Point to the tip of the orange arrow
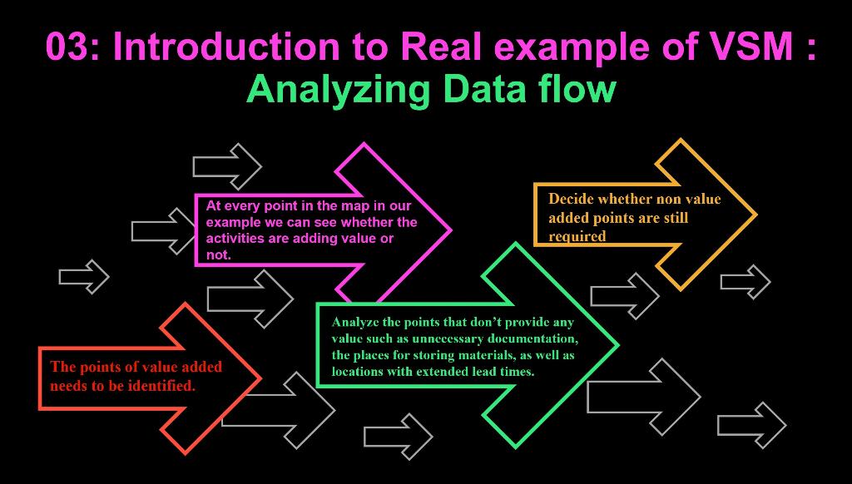[755, 215]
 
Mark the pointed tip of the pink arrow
[450, 228]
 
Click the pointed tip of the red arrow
[260, 378]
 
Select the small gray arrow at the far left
[84, 276]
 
